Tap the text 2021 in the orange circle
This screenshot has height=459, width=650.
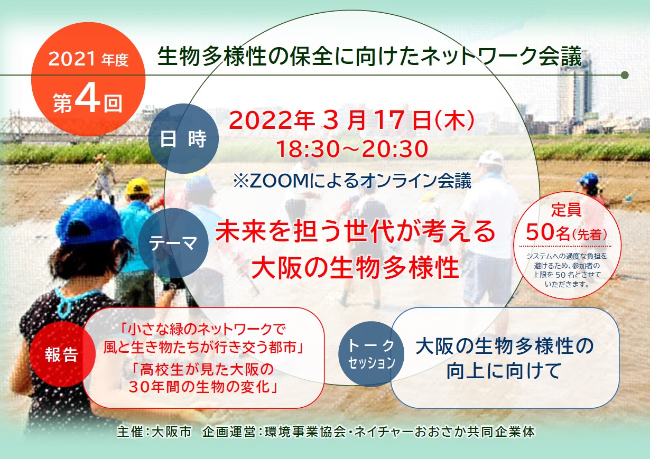pyautogui.click(x=72, y=59)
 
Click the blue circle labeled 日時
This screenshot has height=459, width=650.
pyautogui.click(x=183, y=138)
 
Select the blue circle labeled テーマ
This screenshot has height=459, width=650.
pyautogui.click(x=173, y=243)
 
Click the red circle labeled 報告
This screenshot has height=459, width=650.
pyautogui.click(x=62, y=354)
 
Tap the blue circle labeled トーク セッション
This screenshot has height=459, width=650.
pyautogui.click(x=371, y=354)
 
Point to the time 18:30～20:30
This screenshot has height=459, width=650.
pyautogui.click(x=352, y=149)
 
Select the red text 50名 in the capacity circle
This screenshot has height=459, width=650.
pyautogui.click(x=548, y=232)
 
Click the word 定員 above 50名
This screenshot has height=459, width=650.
pyautogui.click(x=567, y=209)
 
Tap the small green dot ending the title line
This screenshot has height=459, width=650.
pyautogui.click(x=625, y=75)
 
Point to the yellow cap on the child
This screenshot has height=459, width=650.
pyautogui.click(x=137, y=186)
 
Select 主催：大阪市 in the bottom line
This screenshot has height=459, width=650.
pyautogui.click(x=154, y=432)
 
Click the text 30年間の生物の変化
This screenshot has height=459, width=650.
pyautogui.click(x=203, y=386)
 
